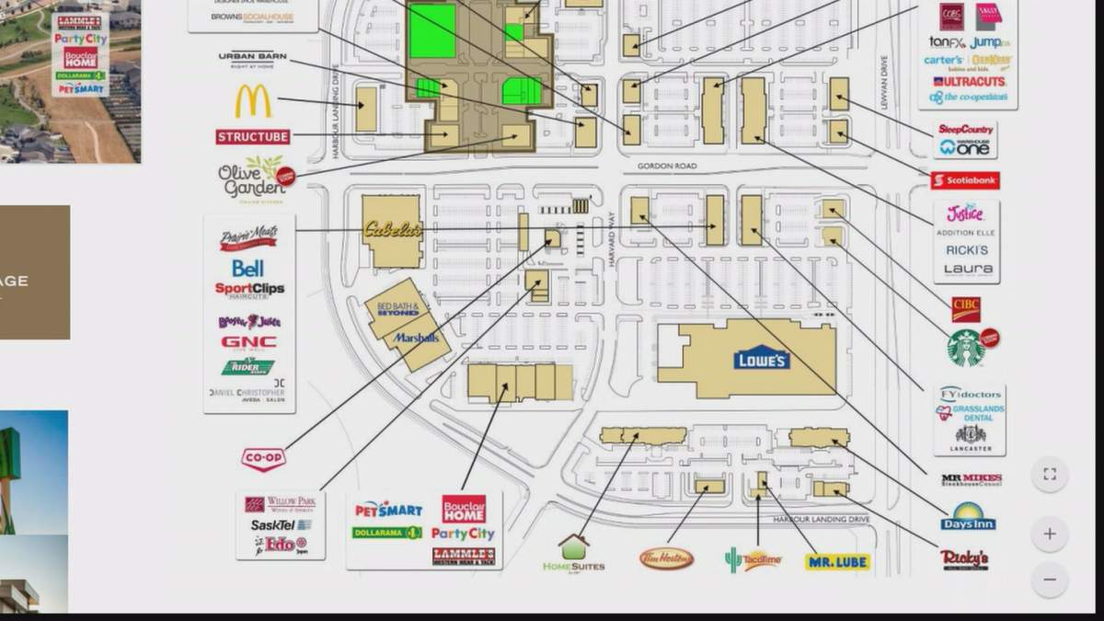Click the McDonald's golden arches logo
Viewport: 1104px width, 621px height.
click(x=253, y=101)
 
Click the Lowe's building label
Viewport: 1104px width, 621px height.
click(x=762, y=357)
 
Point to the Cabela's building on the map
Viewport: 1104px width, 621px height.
click(x=392, y=230)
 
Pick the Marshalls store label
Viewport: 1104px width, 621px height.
click(x=417, y=338)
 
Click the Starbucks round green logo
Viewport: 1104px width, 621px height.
click(x=966, y=348)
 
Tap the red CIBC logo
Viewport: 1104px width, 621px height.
click(x=966, y=308)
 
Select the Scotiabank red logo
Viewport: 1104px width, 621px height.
click(x=965, y=180)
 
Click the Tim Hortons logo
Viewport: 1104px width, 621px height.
click(x=667, y=558)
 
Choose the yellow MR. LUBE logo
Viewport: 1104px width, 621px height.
click(x=837, y=561)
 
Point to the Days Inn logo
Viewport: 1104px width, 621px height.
click(x=968, y=517)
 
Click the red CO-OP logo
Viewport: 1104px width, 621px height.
click(x=263, y=458)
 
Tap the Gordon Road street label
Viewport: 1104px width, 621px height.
click(x=666, y=167)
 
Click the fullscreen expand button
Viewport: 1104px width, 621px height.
click(x=1050, y=475)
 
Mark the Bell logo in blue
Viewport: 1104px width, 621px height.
click(x=247, y=268)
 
